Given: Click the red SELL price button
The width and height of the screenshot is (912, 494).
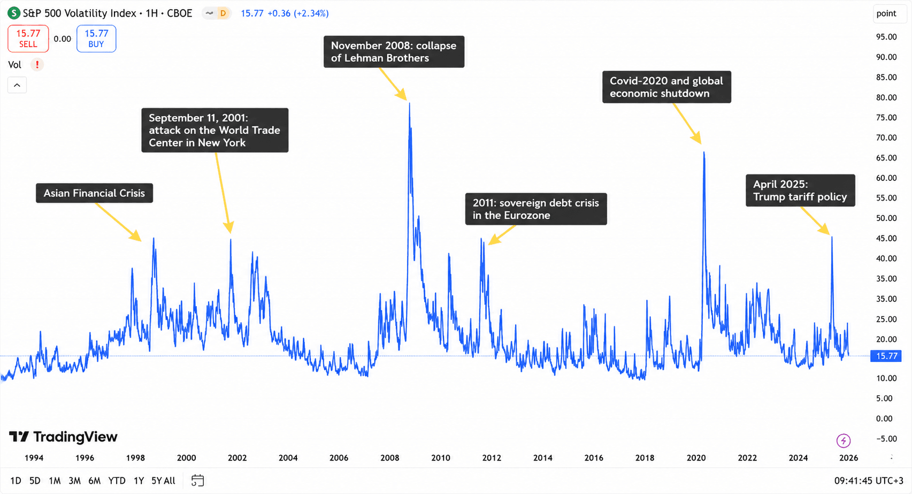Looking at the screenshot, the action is (28, 39).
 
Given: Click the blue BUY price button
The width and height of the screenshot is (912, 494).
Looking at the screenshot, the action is (96, 39).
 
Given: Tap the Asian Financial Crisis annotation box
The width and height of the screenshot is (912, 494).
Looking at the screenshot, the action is (95, 193).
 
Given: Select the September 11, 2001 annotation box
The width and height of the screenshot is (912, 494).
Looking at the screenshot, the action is (215, 130).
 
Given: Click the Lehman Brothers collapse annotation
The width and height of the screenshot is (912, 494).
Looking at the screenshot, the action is (394, 52).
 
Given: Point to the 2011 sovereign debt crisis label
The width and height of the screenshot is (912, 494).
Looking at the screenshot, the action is (536, 209).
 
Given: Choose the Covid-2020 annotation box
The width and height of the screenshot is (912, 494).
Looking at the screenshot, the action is (666, 87).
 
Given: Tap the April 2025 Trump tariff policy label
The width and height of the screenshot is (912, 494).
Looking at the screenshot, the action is (800, 191).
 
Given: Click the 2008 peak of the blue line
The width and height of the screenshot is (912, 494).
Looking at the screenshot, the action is (410, 103).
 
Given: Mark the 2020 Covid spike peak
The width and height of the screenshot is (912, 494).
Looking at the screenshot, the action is (704, 153).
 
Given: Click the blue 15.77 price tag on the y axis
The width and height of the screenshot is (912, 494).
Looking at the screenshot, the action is (886, 356).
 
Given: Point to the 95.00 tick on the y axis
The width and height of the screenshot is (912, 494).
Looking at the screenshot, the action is (886, 37).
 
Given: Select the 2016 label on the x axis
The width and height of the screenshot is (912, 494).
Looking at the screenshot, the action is (594, 458).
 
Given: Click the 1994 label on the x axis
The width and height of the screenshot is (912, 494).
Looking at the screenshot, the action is (34, 458).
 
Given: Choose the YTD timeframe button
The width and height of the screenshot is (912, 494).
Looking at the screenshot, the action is (117, 481).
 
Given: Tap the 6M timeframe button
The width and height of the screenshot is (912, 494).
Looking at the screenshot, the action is (95, 481).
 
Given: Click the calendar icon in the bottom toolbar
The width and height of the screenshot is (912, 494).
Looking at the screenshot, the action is (197, 481).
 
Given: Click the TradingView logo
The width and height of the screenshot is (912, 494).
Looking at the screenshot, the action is (63, 437).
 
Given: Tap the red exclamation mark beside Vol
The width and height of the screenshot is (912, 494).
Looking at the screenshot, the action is (37, 64).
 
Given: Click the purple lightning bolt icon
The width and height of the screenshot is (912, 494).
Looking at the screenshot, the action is (843, 440).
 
